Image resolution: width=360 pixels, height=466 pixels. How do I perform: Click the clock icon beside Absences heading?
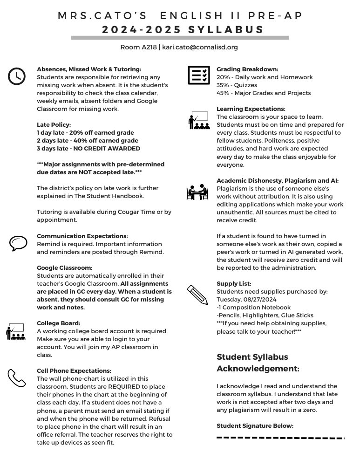click(17, 76)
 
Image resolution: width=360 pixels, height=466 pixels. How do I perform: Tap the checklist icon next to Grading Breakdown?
click(198, 75)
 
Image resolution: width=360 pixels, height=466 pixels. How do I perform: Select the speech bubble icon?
click(18, 243)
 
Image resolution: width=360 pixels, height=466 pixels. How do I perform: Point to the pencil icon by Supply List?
click(198, 295)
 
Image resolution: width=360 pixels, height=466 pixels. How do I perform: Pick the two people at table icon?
click(197, 192)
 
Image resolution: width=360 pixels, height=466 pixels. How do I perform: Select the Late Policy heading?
click(54, 124)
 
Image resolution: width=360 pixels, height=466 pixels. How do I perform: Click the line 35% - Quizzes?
click(237, 85)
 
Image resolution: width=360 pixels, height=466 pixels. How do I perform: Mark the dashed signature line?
click(280, 438)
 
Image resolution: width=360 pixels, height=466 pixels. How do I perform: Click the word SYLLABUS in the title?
click(226, 30)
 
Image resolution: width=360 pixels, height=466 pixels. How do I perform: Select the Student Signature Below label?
click(255, 425)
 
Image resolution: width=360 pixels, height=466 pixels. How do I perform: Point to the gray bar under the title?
click(180, 38)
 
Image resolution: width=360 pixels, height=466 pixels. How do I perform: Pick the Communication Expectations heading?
click(82, 236)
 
